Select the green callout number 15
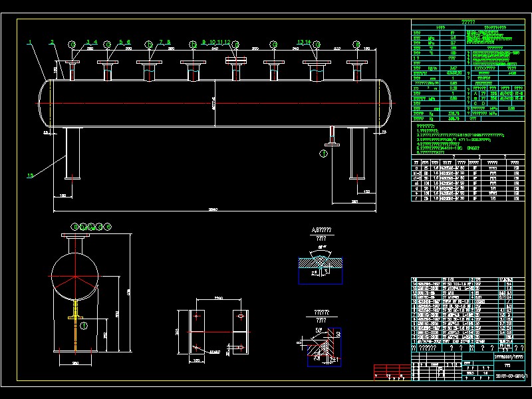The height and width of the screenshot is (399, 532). [30, 176]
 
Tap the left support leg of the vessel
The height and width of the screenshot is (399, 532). [72, 153]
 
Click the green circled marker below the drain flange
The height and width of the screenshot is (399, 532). [324, 153]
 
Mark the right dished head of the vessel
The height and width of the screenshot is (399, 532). [386, 103]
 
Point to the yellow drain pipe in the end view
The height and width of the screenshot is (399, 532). [77, 326]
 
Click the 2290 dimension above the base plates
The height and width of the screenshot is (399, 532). [218, 298]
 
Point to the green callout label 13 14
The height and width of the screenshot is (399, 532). [304, 42]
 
